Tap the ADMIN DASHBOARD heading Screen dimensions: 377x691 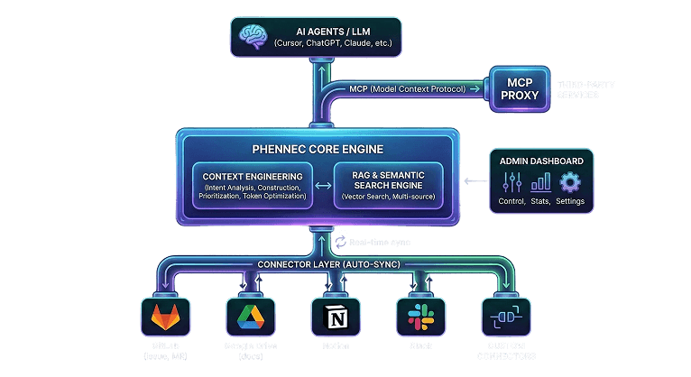(x=541, y=161)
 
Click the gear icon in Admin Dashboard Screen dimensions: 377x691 (x=571, y=183)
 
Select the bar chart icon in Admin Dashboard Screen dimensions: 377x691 (x=541, y=183)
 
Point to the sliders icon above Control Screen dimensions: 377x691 (x=511, y=183)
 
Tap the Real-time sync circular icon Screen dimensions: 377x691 (x=341, y=243)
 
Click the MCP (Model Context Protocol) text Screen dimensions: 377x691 (x=407, y=88)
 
